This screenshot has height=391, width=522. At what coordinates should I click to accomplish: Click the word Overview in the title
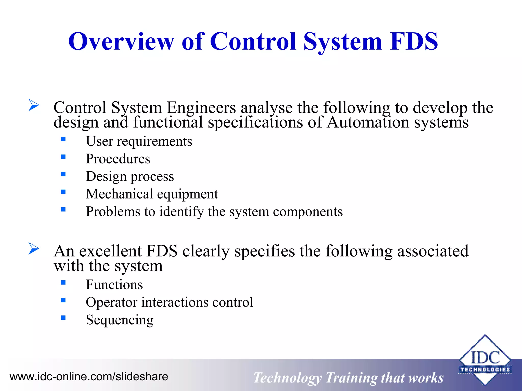[x=121, y=41]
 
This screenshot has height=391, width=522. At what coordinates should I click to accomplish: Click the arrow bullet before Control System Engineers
[x=34, y=105]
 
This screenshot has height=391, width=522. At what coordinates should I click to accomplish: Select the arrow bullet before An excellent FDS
[x=34, y=248]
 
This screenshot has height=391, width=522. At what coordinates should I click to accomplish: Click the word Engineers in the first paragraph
[x=201, y=108]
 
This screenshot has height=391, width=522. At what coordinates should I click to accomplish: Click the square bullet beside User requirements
[x=63, y=139]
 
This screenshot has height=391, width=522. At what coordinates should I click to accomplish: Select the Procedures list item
[x=118, y=159]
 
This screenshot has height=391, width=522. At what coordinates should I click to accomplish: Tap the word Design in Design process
[x=106, y=177]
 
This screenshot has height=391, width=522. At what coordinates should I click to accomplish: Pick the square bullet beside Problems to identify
[x=63, y=210]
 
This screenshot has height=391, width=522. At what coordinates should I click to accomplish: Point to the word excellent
[x=110, y=251]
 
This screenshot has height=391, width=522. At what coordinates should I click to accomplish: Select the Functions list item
[x=114, y=285]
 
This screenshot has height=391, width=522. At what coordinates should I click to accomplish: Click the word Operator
[x=111, y=302]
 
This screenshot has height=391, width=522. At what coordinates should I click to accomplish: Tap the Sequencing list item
[x=120, y=320]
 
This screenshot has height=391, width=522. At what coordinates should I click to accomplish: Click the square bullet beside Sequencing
[x=63, y=318]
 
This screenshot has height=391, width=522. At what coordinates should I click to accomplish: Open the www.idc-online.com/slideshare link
[x=89, y=376]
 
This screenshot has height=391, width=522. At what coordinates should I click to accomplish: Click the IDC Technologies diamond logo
[x=485, y=360]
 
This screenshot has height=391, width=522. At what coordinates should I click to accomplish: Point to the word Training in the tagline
[x=351, y=378]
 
